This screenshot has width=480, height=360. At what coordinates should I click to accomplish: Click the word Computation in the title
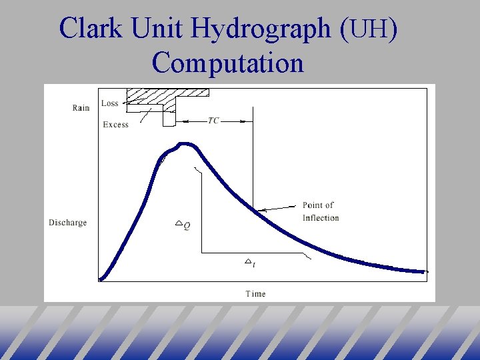pos(227,63)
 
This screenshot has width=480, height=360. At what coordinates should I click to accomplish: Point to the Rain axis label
pos(81,108)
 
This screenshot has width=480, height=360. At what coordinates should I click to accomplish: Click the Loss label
pos(110,103)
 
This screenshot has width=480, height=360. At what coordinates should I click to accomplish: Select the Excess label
pos(116,125)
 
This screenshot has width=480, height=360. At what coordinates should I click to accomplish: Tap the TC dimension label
pos(213,121)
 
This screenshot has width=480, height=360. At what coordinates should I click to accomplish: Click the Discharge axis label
pos(67,223)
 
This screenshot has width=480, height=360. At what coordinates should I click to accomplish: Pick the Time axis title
pos(255,293)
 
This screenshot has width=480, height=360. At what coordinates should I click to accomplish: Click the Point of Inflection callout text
pos(320,211)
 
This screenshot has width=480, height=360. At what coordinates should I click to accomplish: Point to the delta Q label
pos(183,225)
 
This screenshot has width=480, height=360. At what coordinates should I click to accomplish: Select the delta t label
pos(251,264)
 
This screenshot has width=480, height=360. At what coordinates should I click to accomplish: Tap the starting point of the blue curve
pos(101,279)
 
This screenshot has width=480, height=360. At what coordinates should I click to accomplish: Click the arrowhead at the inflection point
pos(261,210)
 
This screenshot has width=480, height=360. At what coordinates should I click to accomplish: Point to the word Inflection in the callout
pos(321,218)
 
